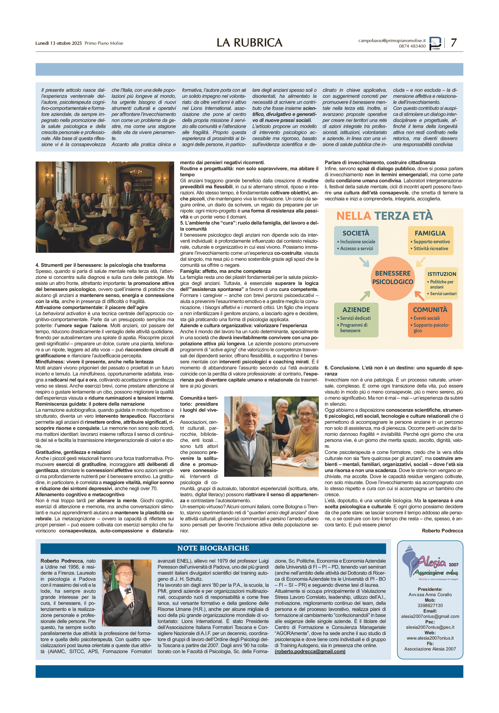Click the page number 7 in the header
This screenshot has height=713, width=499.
454,42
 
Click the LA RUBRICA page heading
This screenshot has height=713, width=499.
249,42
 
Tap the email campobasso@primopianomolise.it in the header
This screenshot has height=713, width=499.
392,40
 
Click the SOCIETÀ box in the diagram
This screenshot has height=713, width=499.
356,240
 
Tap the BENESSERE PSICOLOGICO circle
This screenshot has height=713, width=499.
393,278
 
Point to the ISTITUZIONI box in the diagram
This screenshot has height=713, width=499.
441,283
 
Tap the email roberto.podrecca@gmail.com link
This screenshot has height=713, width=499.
310,651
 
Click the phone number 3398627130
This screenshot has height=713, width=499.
430,605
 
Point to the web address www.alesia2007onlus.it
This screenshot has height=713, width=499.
430,638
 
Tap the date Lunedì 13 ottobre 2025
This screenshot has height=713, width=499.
58,43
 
